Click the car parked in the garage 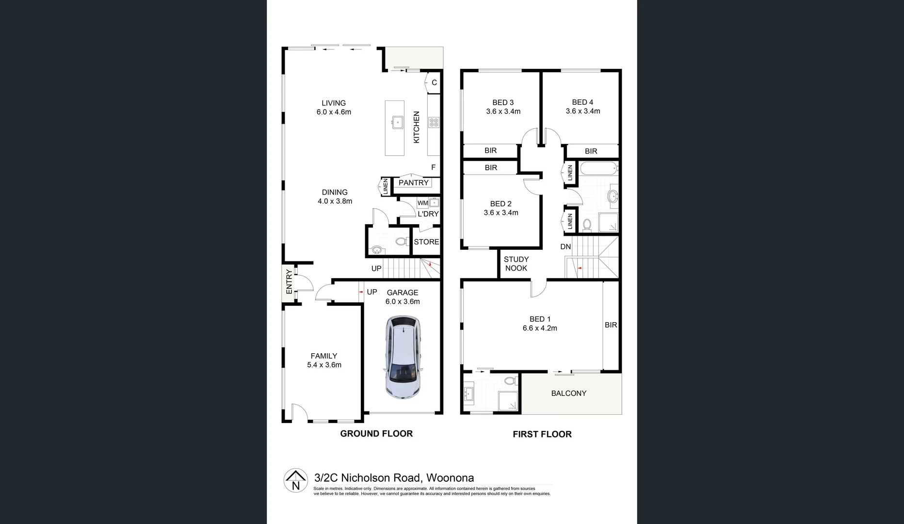coord(404,357)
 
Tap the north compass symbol coord(295,480)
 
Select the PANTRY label coord(414,183)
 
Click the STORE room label coord(426,242)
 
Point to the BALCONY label coord(569,393)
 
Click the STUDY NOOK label coord(516,264)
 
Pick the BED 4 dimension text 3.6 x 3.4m coord(583,111)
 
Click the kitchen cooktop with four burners coord(434,122)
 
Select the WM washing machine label coord(423,203)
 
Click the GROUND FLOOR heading coord(376,434)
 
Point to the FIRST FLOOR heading coord(542,434)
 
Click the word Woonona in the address coord(450,478)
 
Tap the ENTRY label coord(289,281)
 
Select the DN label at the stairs coord(565,247)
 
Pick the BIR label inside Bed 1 coord(611,325)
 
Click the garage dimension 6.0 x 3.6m coord(403,302)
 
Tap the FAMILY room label coord(324,356)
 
